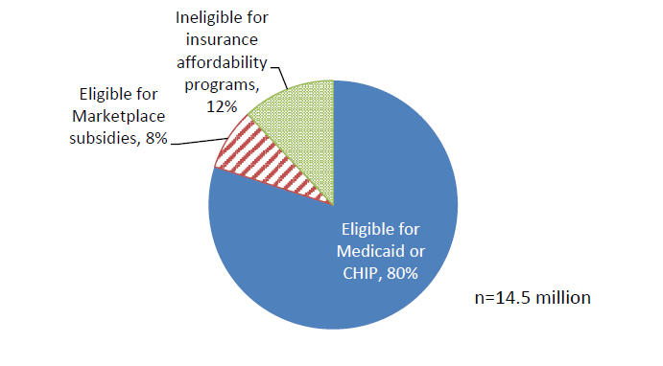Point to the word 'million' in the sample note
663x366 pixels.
(564, 297)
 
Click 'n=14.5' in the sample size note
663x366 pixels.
(502, 297)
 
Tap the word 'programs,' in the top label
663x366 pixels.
(223, 86)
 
